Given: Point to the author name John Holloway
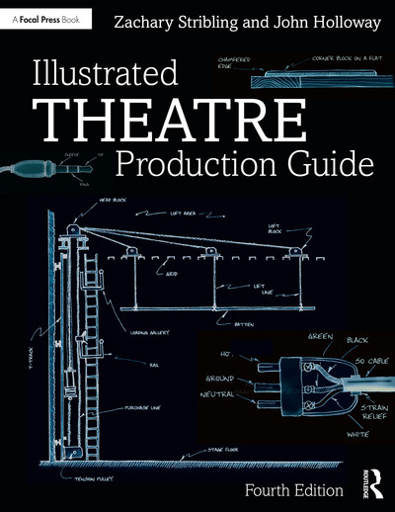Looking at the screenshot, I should click(x=319, y=19).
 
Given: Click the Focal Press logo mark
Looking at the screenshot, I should click(x=10, y=18).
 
